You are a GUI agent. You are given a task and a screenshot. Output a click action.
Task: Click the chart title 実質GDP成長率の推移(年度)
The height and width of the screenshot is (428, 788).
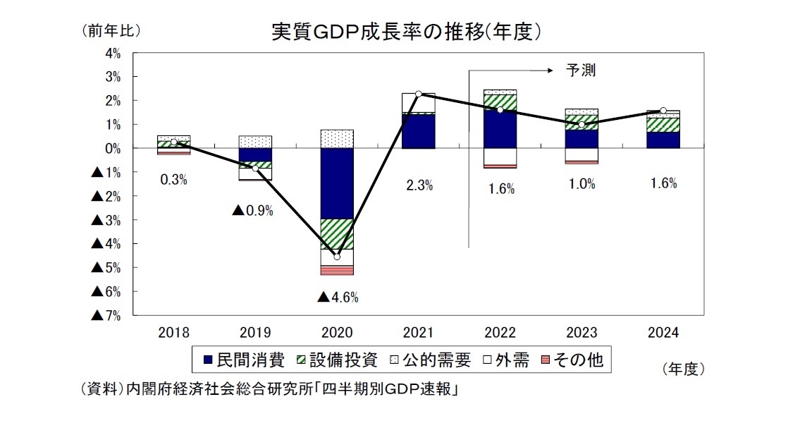tap(407, 32)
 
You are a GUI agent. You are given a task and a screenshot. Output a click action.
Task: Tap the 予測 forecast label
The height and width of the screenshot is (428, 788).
tap(581, 71)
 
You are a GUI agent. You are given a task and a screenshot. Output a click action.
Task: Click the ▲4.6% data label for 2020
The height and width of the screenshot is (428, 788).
tap(338, 298)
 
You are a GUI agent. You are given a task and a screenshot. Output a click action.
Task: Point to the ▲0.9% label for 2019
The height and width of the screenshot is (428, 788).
tap(253, 210)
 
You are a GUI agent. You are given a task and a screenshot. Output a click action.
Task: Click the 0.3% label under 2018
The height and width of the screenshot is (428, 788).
tap(173, 180)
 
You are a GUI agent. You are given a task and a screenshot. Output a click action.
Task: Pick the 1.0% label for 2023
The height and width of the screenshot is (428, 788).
tap(581, 184)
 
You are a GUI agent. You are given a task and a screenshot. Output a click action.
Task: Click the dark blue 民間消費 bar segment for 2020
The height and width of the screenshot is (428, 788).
tap(337, 183)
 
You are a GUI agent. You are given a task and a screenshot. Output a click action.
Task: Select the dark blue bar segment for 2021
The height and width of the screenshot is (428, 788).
tap(419, 131)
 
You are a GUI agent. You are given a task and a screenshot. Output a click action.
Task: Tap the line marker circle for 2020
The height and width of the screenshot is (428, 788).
tap(337, 257)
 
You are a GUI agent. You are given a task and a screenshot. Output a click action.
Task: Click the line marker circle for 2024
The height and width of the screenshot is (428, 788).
tap(663, 111)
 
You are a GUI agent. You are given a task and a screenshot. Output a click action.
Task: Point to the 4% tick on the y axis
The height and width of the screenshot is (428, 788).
tap(113, 53)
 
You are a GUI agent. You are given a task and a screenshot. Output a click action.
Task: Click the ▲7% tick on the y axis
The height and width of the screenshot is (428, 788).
tap(106, 316)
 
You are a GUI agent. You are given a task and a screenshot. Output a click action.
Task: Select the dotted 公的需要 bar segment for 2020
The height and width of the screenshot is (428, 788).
tap(337, 139)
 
